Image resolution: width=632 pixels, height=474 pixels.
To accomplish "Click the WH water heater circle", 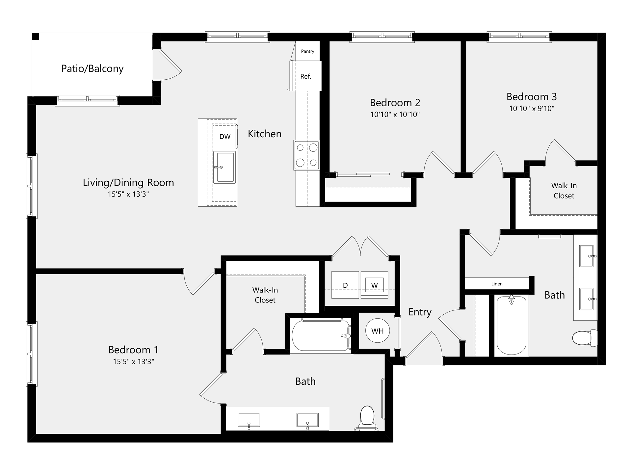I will [x=377, y=331].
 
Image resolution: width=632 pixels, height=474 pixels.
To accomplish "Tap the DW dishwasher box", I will [x=225, y=137].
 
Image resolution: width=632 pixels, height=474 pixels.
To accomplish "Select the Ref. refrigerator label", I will [x=305, y=76].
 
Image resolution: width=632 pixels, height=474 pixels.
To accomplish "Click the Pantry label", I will [x=307, y=51].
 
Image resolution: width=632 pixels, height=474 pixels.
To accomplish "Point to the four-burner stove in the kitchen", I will [x=306, y=155].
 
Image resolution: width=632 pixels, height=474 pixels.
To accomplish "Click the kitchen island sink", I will [x=224, y=167].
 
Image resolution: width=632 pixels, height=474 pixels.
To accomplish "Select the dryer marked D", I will [x=345, y=285].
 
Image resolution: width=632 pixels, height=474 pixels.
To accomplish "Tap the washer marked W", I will [x=374, y=285].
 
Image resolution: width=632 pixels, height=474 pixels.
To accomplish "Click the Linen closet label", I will [x=497, y=284].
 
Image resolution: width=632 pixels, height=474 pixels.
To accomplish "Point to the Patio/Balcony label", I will [x=92, y=68].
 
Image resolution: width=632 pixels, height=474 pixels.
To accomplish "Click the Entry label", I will [x=420, y=312].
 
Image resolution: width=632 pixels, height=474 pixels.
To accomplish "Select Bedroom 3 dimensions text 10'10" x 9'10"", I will [x=532, y=108].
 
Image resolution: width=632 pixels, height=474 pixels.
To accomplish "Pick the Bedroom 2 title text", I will [x=395, y=103].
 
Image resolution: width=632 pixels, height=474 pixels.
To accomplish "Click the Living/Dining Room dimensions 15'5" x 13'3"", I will [x=128, y=194].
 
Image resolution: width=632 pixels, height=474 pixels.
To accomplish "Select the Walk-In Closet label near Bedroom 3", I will [x=564, y=191].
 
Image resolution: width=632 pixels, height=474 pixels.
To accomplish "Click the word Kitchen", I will [x=264, y=134].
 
